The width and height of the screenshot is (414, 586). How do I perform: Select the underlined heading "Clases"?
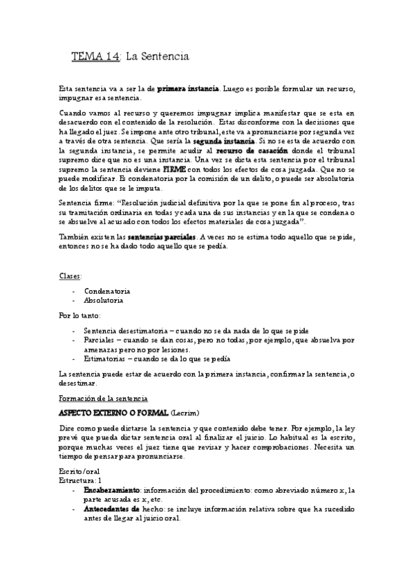[70, 275]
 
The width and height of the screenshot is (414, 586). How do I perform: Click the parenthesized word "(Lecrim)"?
[187, 413]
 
